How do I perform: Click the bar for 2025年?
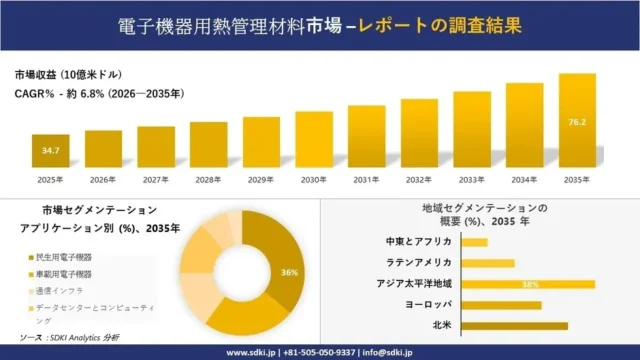click(50, 151)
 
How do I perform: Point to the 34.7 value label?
click(50, 150)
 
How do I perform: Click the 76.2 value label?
click(577, 123)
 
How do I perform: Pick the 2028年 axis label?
click(208, 180)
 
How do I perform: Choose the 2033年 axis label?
click(471, 180)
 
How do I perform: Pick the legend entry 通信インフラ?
click(57, 290)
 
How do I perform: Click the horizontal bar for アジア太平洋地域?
click(528, 284)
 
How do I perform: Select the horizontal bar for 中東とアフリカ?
click(475, 242)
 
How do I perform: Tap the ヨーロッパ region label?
click(430, 304)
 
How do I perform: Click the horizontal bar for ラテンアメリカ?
click(488, 263)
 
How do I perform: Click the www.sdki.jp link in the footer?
click(251, 352)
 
